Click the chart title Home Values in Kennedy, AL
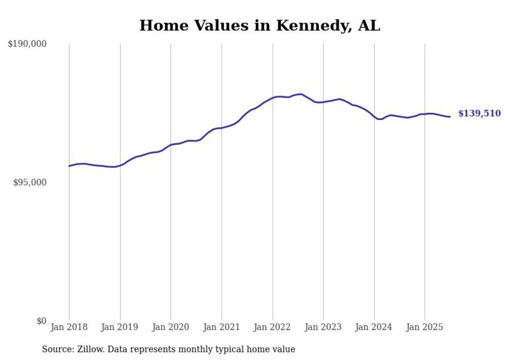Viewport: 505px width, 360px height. tap(260, 26)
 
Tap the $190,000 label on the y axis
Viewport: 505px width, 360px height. tap(27, 44)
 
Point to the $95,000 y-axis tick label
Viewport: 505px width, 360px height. tap(29, 183)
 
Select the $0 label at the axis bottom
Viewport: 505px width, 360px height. tap(41, 321)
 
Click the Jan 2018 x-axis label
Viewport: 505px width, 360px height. tap(69, 327)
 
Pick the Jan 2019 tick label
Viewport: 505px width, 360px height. tap(120, 327)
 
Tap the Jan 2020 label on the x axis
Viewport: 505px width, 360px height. tap(171, 327)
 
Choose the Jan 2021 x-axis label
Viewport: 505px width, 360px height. tap(222, 327)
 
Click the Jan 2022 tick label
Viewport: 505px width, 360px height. tap(273, 327)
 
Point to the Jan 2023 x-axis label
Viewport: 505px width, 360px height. tap(323, 327)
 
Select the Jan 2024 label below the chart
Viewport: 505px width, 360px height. tap(374, 327)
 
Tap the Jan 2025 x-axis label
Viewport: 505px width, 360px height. tap(425, 327)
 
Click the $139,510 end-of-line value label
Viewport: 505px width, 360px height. tap(479, 114)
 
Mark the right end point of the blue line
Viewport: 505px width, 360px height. tap(450, 117)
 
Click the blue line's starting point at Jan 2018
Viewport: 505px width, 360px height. tap(69, 166)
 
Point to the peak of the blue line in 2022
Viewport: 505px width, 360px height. tap(301, 94)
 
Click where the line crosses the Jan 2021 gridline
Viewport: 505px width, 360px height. tap(222, 128)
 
